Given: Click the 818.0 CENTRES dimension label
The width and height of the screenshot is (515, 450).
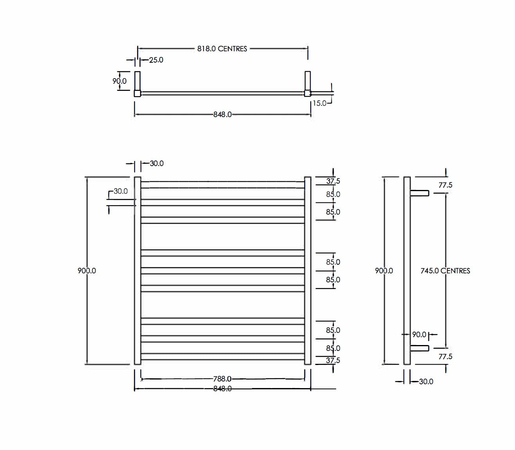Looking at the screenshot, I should [x=222, y=49].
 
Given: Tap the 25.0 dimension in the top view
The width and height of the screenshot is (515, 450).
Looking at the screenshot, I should [x=156, y=60].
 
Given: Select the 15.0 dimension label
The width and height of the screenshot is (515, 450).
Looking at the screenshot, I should [x=319, y=103].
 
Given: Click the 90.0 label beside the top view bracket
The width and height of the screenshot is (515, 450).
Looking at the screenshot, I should [x=120, y=81].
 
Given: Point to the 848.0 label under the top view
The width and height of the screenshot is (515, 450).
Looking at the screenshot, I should [x=222, y=114].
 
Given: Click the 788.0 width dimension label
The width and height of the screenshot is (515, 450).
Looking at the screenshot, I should [x=222, y=379].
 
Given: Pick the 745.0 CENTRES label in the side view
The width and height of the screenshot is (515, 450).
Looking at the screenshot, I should [x=445, y=271].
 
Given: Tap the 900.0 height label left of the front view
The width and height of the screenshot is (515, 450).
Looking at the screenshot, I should [x=86, y=271].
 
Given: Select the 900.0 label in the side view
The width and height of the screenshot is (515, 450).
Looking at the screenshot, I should [x=384, y=271].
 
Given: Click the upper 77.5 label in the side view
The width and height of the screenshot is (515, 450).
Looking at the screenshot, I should [x=445, y=185].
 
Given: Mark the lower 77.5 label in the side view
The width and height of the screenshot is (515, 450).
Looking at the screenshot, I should [x=445, y=356].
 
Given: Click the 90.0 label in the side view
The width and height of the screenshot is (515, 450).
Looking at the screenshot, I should [x=419, y=334].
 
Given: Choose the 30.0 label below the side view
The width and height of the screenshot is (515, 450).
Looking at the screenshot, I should [x=426, y=381].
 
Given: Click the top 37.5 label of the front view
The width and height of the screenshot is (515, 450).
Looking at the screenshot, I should [x=333, y=181].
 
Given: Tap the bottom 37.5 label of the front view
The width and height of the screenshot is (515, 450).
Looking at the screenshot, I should [x=333, y=360].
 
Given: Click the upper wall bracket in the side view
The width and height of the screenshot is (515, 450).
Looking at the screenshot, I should [x=420, y=193].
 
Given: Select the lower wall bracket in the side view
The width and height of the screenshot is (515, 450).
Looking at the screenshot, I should [x=420, y=348].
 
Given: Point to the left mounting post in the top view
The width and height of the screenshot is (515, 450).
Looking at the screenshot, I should [x=137, y=83].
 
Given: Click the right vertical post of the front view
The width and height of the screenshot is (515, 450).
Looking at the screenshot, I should [x=308, y=271].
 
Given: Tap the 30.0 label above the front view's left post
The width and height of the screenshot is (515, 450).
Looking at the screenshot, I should [x=157, y=163].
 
